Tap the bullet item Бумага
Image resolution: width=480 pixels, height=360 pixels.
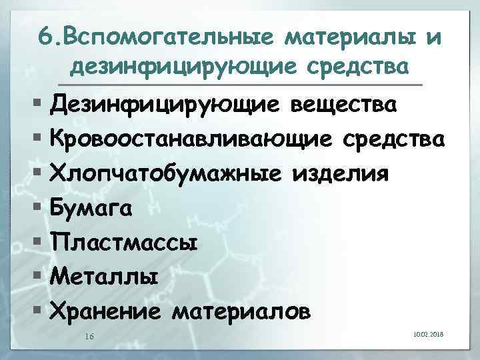point(91,208)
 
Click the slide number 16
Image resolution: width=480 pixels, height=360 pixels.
point(89,336)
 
